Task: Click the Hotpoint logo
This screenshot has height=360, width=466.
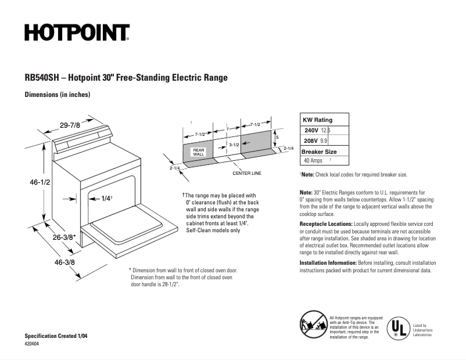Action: coord(77,33)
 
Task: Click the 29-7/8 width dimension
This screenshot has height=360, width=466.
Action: coord(70,124)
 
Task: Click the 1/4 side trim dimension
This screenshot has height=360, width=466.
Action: coord(106,199)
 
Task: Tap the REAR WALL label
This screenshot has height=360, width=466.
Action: coord(198,152)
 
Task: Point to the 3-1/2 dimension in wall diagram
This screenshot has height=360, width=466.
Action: coord(234,145)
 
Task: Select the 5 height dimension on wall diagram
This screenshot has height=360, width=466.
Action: coord(277,137)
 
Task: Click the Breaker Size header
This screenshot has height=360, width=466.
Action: coord(318,151)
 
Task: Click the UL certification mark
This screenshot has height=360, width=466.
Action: coord(398,327)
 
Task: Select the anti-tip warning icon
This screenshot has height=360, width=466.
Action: coord(313,323)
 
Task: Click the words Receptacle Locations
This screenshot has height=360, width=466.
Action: coord(325,224)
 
